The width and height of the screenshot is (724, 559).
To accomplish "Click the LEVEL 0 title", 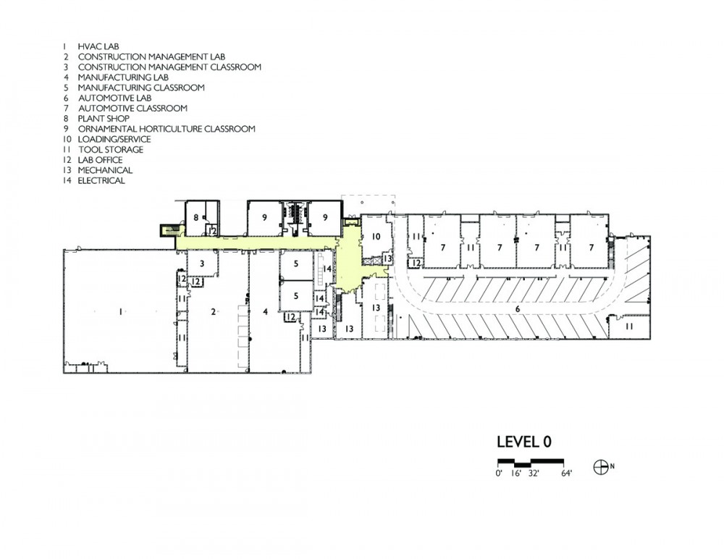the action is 524,442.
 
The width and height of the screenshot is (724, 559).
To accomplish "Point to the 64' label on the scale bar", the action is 567,474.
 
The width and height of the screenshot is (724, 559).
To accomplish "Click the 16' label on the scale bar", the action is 515,474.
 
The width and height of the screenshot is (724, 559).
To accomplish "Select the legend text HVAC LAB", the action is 98,46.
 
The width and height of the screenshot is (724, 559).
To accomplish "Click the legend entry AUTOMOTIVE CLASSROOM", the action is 132,108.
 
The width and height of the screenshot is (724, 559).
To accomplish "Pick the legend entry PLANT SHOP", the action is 104,119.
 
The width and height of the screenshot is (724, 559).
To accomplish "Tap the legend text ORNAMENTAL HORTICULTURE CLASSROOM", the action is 167,129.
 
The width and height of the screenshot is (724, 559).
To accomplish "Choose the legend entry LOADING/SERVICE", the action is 114,139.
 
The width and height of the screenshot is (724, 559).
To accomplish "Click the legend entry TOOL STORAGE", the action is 111,150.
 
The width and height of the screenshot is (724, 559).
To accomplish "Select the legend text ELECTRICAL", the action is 101,180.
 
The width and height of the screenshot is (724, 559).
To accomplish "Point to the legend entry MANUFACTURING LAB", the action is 123,77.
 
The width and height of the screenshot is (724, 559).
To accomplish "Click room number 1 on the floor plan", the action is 121,312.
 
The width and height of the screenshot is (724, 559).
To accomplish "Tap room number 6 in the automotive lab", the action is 518,308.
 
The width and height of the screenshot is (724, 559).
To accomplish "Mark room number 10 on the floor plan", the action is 376,237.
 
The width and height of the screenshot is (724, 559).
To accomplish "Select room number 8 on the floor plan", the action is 195,217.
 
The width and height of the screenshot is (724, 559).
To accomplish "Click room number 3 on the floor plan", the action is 202,264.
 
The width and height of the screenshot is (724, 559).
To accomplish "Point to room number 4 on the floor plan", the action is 265,312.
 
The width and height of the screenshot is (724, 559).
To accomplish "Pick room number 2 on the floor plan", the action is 213,312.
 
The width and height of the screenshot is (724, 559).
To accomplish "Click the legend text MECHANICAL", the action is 105,170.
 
